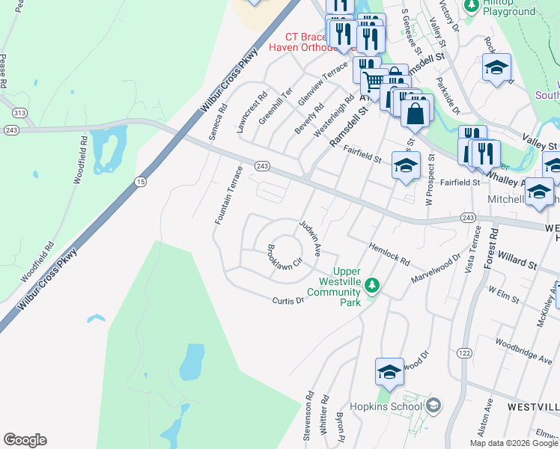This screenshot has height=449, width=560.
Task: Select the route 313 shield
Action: click(17, 112)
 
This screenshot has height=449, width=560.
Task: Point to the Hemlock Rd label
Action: click(389, 253)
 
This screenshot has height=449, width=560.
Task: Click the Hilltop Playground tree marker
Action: click(472, 6)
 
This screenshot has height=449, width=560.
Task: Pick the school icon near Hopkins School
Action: click(390, 372)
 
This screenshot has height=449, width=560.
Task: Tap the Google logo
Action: click(25, 440)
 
